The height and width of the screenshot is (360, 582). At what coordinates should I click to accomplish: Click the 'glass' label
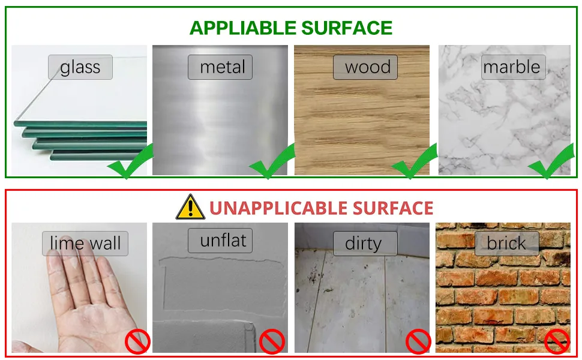pos(80,67)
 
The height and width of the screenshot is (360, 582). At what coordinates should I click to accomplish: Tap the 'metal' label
pos(220,67)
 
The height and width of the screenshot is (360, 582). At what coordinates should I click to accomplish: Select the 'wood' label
pos(365,67)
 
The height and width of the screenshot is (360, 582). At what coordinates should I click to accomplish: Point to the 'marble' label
pos(514,67)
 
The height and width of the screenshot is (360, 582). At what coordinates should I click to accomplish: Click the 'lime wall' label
pos(85,244)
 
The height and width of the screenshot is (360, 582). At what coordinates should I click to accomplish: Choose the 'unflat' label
pos(220,241)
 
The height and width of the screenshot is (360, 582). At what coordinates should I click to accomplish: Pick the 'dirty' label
pos(365,244)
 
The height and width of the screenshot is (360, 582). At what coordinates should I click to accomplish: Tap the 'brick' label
pos(506,244)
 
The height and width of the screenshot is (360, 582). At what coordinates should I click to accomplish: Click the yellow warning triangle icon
pos(190,207)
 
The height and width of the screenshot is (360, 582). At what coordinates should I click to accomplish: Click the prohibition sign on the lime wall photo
pos(138,342)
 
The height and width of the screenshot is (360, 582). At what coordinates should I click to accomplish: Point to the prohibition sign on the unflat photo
pos(272,342)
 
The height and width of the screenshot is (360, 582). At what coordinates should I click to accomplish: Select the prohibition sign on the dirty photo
pos(418,342)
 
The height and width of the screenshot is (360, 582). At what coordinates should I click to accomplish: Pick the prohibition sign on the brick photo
pos(557,342)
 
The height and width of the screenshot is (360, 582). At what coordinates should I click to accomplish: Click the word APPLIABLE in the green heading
pos(243,28)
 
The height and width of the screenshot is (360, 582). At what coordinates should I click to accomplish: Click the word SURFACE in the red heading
pos(393,208)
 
